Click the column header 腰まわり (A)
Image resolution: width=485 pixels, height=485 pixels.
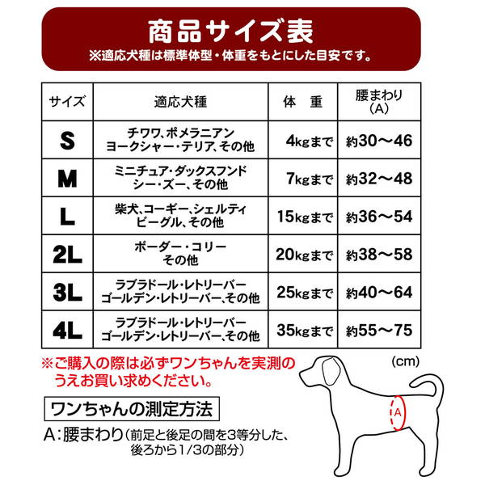point(380,102)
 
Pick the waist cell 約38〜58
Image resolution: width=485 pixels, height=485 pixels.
point(380,255)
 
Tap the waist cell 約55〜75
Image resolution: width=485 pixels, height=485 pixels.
point(380,331)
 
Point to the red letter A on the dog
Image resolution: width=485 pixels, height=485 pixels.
point(397,414)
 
